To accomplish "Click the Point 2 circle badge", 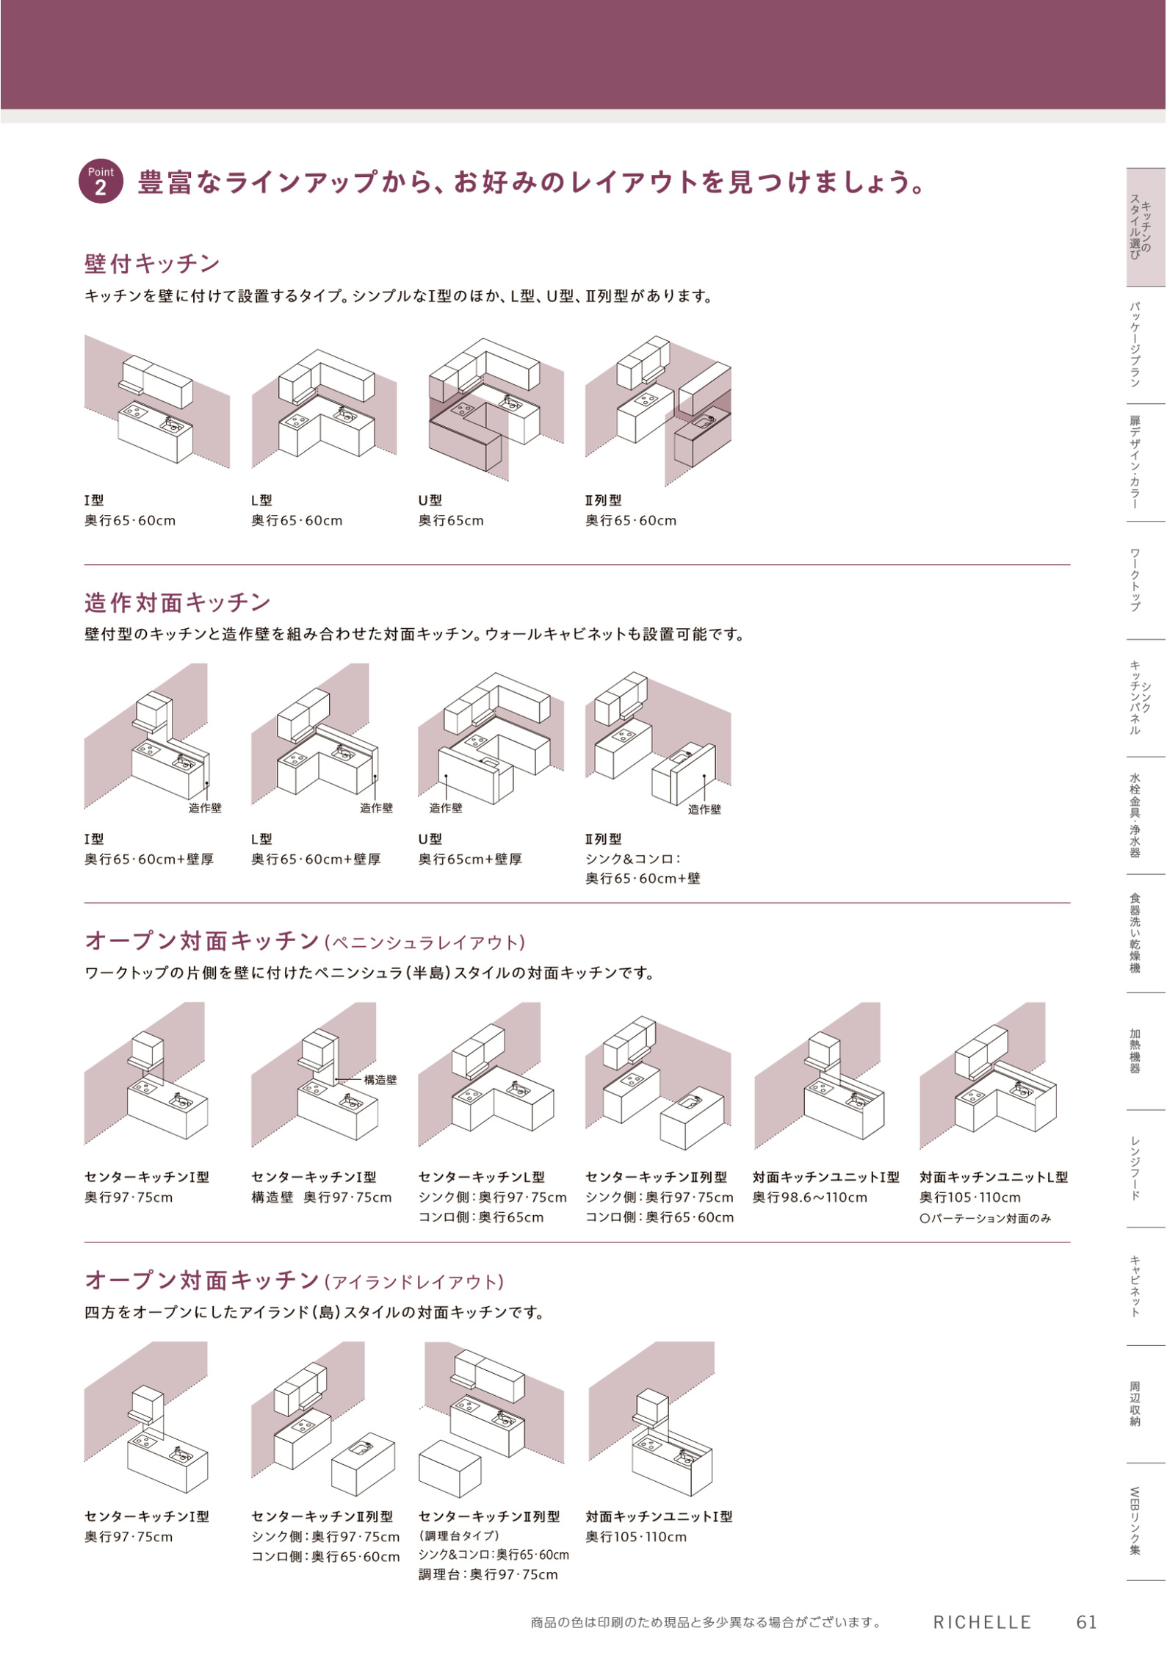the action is coord(101,181).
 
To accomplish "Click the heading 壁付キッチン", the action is coord(152,263).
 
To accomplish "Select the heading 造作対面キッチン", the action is coord(178,602).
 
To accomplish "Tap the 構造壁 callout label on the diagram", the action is coord(380,1079).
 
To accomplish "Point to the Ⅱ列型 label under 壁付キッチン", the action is coord(603,500).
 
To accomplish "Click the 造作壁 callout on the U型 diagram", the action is coord(446,808).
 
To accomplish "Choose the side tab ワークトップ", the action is coord(1135,580).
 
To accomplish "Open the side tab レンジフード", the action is coord(1135,1168).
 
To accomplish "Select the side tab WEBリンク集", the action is coord(1135,1521).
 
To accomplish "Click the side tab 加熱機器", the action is coord(1135,1051).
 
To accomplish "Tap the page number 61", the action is coord(1087,1622).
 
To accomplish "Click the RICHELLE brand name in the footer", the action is coord(983,1622).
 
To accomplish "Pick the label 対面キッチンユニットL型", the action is coord(994,1177).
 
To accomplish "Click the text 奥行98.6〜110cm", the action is coord(810,1197).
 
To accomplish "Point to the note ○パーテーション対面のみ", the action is coord(986,1218).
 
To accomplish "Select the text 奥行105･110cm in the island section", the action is coord(636,1537).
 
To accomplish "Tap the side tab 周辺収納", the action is coord(1135,1404).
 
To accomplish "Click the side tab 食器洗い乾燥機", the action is coord(1135,933).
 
